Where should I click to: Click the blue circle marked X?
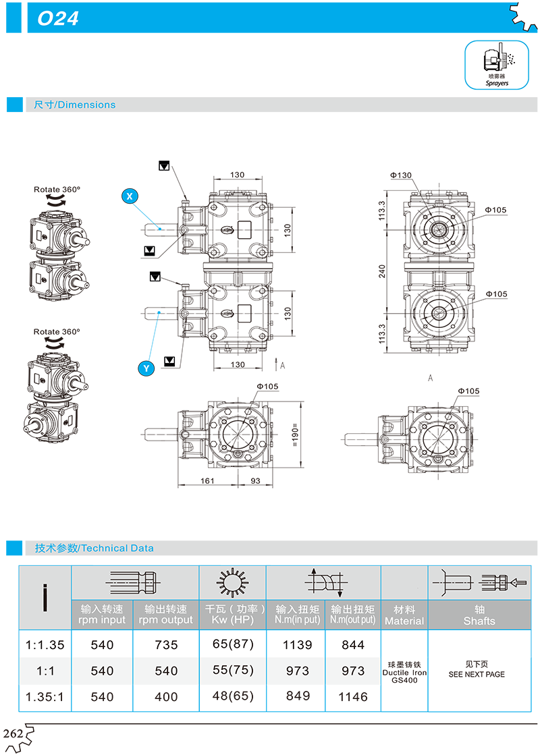point(130,196)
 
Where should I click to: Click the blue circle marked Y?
point(146,369)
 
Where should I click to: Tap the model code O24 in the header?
point(58,19)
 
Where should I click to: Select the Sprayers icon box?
point(497,65)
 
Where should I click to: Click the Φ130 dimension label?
point(401,175)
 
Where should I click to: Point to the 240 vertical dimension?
point(382,271)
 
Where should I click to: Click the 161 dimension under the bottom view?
point(207,480)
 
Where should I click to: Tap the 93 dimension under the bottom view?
point(255,480)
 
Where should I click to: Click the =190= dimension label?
point(295,435)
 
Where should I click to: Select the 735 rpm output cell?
point(166,645)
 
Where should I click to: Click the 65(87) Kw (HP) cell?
point(233,644)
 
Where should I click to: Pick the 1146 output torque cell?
point(353,697)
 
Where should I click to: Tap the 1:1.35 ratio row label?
point(45,645)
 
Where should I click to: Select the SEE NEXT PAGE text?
point(477,674)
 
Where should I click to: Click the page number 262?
point(13,733)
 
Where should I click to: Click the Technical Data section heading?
point(94,548)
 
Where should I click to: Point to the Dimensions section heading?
point(75,105)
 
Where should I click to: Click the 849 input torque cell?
point(298,696)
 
